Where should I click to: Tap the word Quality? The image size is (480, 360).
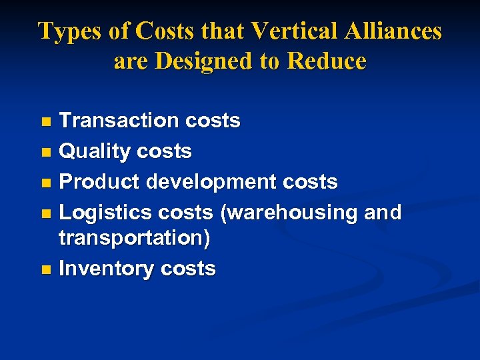click(x=95, y=152)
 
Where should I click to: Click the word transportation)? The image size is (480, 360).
click(x=134, y=239)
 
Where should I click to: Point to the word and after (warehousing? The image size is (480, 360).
click(x=383, y=213)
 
